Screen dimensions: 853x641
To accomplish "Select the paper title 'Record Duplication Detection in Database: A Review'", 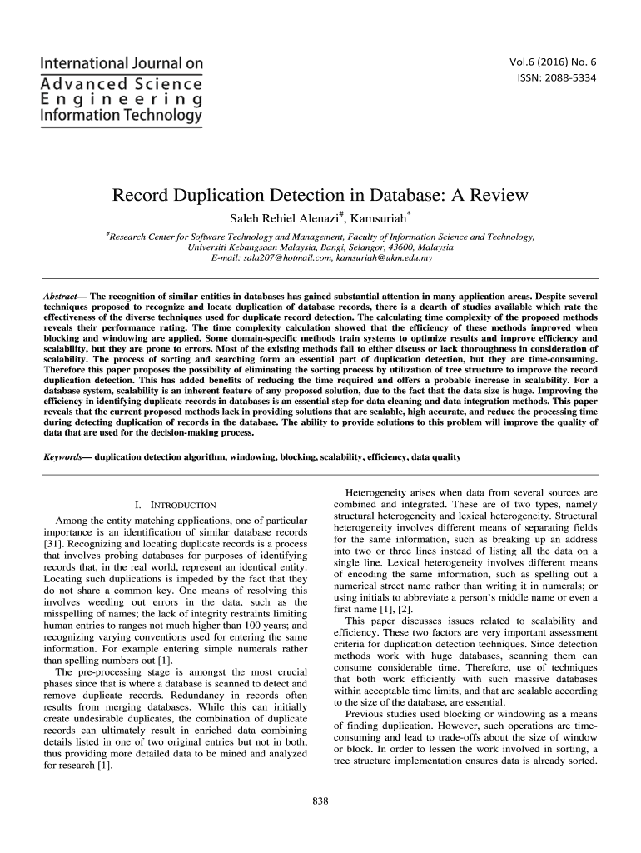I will pos(320,197).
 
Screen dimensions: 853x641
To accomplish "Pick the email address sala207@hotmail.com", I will pos(286,259).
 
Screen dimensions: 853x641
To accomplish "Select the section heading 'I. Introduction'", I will pos(175,505).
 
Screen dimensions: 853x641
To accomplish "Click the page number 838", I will pos(320,801).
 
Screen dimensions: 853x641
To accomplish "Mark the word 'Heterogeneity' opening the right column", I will pos(375,491).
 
